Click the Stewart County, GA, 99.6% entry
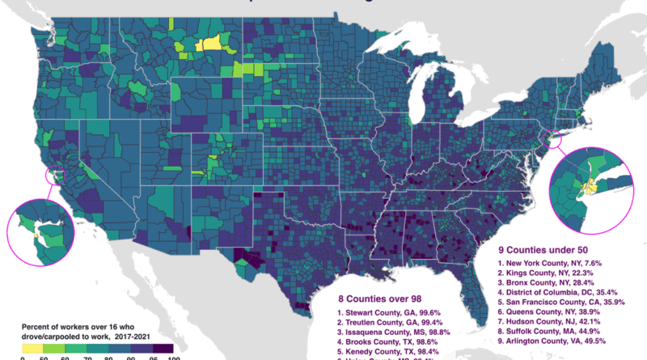pos(392,311)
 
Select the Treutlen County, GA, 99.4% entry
pos(393,322)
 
